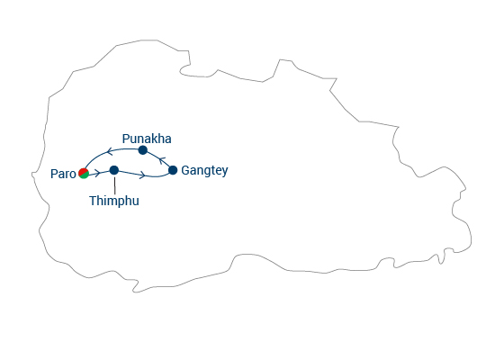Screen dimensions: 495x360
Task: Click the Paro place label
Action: click(63, 174)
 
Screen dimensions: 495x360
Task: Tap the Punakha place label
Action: click(147, 139)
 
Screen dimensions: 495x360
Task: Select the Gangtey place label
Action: click(204, 170)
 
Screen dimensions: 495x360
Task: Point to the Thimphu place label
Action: click(114, 201)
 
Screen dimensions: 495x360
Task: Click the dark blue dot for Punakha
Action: click(143, 150)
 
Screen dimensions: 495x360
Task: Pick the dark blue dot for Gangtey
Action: click(173, 170)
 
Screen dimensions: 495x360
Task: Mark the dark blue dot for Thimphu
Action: click(114, 170)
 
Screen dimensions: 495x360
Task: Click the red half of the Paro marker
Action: click(83, 172)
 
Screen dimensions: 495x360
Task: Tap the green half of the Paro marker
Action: click(85, 175)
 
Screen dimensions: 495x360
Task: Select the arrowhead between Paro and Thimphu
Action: click(98, 173)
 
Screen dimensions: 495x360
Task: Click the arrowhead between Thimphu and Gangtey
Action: click(142, 175)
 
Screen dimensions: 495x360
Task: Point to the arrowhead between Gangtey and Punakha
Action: click(162, 160)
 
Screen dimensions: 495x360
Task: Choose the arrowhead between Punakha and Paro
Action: click(110, 151)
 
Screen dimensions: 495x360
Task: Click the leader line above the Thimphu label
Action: click(114, 185)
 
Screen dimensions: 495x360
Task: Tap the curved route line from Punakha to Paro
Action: click(107, 152)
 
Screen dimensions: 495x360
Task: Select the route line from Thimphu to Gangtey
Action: click(144, 175)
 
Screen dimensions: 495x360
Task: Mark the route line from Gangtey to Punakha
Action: click(159, 158)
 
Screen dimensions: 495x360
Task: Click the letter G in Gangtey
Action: click(185, 170)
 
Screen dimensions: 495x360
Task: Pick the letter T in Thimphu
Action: click(93, 201)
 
